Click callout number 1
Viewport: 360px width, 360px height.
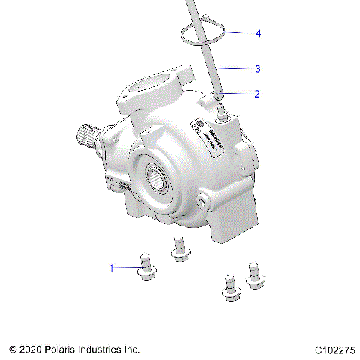[112, 267]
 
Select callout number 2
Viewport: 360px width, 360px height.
[257, 94]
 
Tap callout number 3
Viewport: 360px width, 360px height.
[257, 68]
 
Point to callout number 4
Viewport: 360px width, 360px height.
[258, 34]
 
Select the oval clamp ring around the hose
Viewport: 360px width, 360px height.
[202, 34]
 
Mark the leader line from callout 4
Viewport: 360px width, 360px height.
[240, 34]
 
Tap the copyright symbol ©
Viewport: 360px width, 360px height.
[13, 349]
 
